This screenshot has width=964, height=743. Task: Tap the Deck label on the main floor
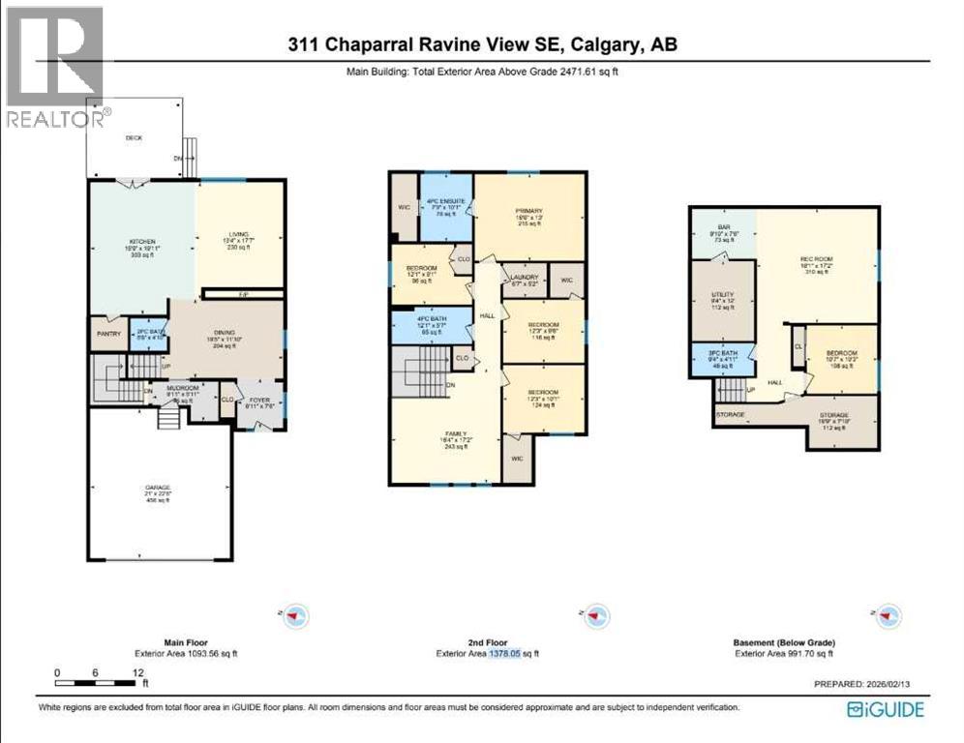(x=134, y=138)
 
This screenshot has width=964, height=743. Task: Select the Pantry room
(x=106, y=334)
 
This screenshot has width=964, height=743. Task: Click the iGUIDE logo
(x=885, y=710)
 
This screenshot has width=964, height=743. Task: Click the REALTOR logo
(x=53, y=67)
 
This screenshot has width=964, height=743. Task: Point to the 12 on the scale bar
(x=137, y=672)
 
